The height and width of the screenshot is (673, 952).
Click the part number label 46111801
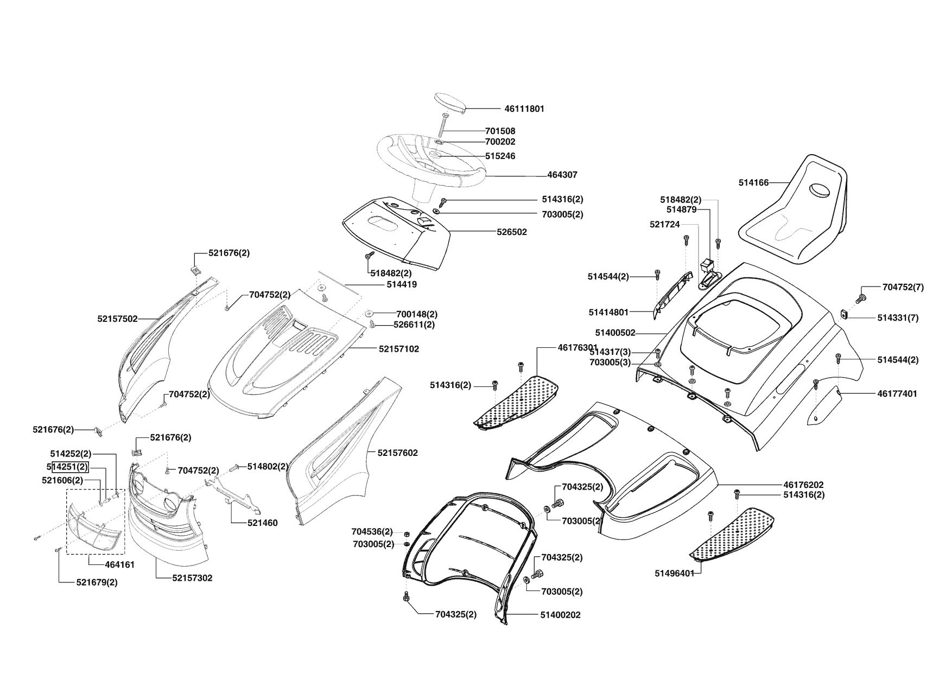(524, 109)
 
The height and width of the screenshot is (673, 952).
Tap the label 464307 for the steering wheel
(562, 175)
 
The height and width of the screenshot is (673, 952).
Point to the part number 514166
(753, 183)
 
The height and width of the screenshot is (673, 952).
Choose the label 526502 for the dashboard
(512, 232)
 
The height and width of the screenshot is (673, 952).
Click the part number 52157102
(398, 349)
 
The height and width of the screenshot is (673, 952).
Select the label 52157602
(397, 453)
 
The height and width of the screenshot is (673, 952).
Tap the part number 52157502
(118, 319)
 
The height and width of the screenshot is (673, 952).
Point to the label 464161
(119, 564)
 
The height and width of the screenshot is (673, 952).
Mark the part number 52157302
(192, 578)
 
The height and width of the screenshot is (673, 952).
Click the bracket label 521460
(262, 523)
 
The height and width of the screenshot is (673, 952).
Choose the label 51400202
(560, 615)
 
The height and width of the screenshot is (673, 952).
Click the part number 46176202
(803, 485)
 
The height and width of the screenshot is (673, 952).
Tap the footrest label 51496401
(674, 573)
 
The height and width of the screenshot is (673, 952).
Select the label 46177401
(897, 393)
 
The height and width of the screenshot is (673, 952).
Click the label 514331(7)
(898, 318)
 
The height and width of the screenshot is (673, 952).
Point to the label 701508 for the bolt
(500, 131)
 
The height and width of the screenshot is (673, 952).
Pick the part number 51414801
(608, 312)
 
